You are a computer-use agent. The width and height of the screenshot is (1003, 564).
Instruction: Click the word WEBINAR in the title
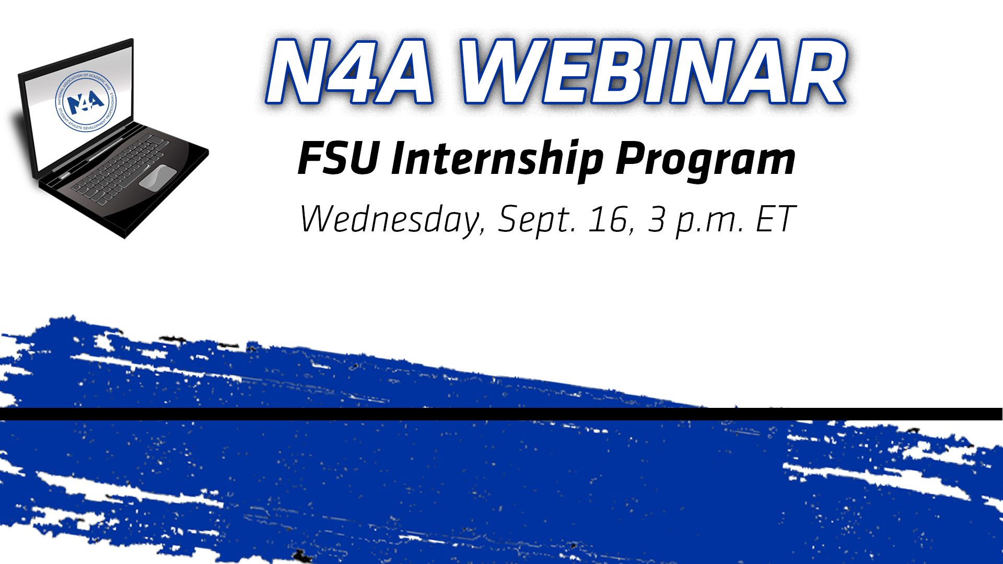click(x=653, y=72)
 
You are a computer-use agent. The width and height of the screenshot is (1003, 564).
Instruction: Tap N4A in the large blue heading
click(x=349, y=72)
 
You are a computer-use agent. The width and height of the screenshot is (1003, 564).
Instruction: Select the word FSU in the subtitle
click(x=338, y=158)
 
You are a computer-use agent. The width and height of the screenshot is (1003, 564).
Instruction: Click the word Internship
click(x=497, y=159)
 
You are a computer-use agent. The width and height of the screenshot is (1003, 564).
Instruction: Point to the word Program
click(x=705, y=160)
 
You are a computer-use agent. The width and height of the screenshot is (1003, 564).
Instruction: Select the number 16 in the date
click(x=608, y=219)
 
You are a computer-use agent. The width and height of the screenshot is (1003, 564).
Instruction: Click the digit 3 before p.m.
click(x=657, y=219)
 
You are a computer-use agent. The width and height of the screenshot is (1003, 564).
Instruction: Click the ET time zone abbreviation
click(x=776, y=219)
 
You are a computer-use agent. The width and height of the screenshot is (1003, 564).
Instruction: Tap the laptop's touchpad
click(x=157, y=177)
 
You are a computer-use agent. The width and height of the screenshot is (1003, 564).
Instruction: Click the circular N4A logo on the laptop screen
click(x=86, y=101)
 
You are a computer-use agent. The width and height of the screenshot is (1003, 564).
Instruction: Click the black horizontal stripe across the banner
click(x=501, y=414)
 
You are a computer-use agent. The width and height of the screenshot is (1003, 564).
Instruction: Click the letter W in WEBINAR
click(x=501, y=72)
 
